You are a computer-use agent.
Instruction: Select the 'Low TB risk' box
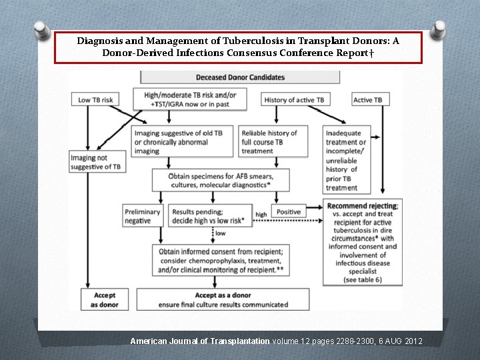click(96, 100)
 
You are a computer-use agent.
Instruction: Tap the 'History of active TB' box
click(294, 100)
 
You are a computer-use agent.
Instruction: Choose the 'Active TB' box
click(368, 100)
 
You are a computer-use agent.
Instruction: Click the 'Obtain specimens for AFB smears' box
click(222, 179)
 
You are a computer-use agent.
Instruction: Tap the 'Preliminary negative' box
click(143, 216)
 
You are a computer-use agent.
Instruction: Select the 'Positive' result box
click(289, 212)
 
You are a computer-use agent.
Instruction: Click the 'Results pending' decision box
click(210, 216)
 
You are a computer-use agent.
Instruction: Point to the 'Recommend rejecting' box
click(363, 243)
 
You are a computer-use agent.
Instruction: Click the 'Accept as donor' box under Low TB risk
click(105, 299)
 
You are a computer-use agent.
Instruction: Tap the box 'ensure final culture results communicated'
click(223, 299)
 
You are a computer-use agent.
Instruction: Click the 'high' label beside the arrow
click(261, 215)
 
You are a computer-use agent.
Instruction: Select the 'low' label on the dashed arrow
click(220, 234)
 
